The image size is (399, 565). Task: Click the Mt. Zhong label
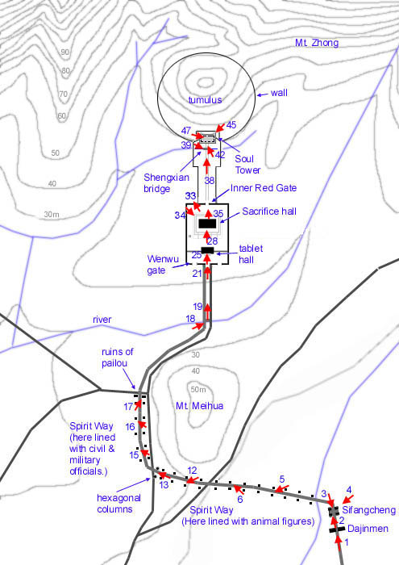[317, 43]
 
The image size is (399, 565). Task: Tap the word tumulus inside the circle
[205, 100]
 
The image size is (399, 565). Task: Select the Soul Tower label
[247, 165]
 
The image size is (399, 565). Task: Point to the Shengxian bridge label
[166, 182]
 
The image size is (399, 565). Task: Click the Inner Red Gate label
[264, 188]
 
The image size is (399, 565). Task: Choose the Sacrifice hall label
[269, 211]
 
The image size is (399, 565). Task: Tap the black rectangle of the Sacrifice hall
[207, 224]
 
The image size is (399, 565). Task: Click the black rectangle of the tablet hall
[208, 250]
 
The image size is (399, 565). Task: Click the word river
[102, 320]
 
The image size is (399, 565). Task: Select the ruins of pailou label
[118, 357]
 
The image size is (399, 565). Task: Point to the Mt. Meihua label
[199, 406]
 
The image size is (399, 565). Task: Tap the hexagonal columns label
[118, 504]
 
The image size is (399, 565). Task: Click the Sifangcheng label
[369, 510]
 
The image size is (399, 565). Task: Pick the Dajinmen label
[368, 529]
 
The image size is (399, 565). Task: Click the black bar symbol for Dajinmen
[337, 529]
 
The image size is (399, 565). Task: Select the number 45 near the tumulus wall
[231, 124]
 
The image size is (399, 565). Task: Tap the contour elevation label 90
[64, 52]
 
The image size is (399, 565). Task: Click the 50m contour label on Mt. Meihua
[198, 390]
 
